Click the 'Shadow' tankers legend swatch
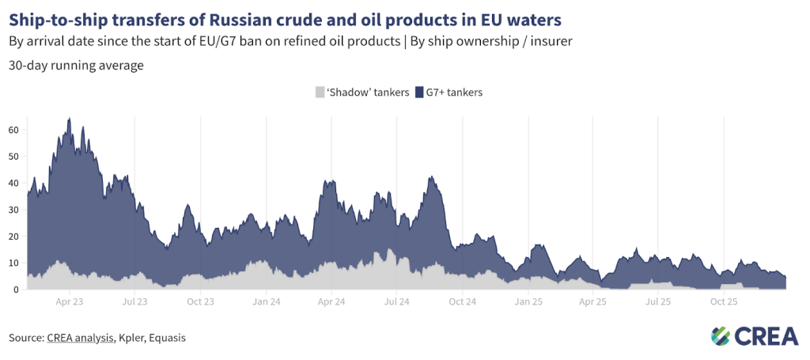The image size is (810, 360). click(320, 93)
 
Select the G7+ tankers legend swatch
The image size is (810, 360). click(419, 93)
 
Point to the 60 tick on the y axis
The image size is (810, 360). click(13, 129)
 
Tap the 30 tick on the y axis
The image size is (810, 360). click(13, 210)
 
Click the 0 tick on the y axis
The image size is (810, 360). click(16, 290)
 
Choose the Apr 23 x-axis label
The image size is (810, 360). click(70, 302)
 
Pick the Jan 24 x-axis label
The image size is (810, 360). click(267, 302)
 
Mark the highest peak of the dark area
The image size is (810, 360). click(70, 119)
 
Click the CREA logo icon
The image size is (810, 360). click(721, 336)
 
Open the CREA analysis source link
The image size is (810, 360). click(80, 338)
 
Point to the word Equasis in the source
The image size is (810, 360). click(169, 338)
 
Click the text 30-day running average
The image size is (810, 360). click(76, 66)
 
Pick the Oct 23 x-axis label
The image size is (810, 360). click(201, 302)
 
